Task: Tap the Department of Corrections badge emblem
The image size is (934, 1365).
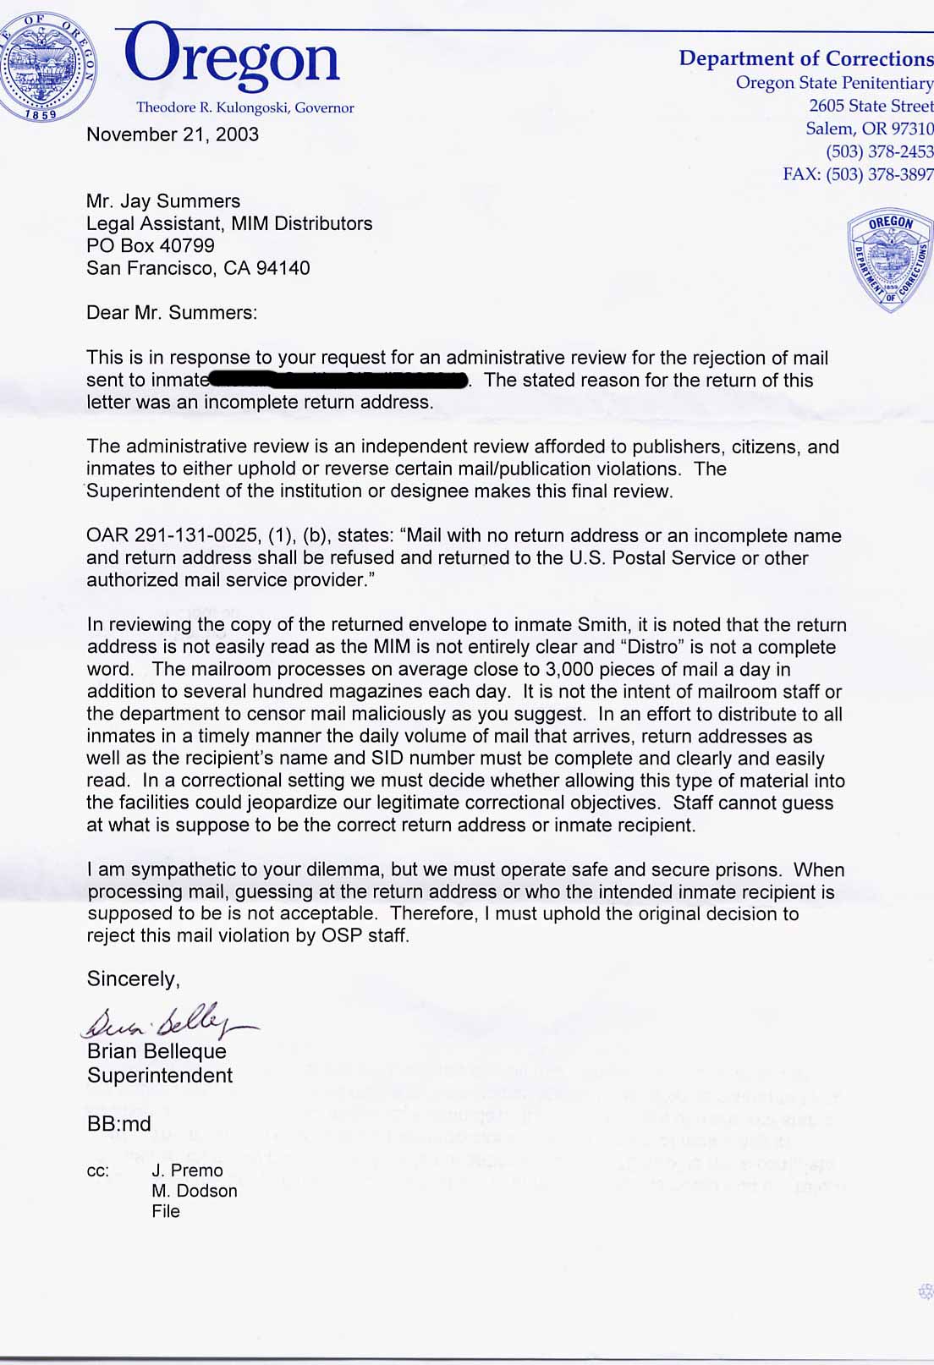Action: [x=889, y=260]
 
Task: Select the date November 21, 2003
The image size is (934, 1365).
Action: [x=173, y=134]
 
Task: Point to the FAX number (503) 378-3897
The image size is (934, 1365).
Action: [x=879, y=174]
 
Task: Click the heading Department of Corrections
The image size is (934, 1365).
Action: [x=805, y=58]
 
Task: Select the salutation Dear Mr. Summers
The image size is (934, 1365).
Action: [x=171, y=312]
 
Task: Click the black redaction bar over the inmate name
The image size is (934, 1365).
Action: [x=338, y=381]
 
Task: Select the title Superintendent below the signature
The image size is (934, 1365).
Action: [x=160, y=1075]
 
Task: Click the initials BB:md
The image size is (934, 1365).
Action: [x=119, y=1124]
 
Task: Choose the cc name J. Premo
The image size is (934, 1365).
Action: [x=187, y=1170]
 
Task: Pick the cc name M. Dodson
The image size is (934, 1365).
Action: [x=195, y=1191]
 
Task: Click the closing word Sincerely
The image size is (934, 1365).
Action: [x=133, y=979]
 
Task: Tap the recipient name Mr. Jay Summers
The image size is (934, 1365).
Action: [x=163, y=201]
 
